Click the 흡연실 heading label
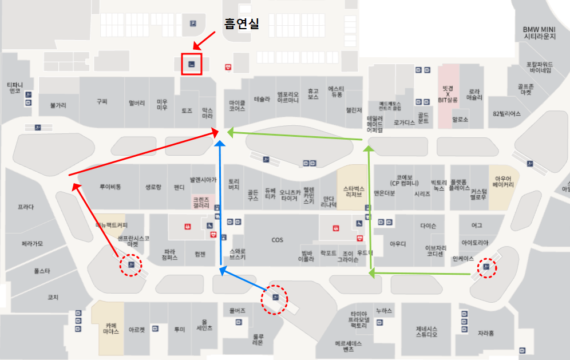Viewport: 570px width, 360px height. pyautogui.click(x=241, y=24)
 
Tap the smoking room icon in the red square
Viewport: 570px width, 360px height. pyautogui.click(x=192, y=64)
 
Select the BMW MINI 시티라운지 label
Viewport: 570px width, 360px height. pyautogui.click(x=540, y=33)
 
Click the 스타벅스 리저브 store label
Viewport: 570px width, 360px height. pyautogui.click(x=354, y=191)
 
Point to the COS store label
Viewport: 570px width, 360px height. pyautogui.click(x=277, y=240)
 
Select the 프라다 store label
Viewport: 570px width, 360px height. pyautogui.click(x=26, y=207)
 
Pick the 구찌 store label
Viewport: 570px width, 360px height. pyautogui.click(x=102, y=101)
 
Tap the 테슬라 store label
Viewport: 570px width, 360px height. pyautogui.click(x=262, y=99)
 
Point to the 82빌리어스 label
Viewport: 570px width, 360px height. pyautogui.click(x=506, y=113)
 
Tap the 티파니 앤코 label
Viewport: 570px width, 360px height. pyautogui.click(x=14, y=88)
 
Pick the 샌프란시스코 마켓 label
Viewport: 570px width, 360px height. pyautogui.click(x=133, y=240)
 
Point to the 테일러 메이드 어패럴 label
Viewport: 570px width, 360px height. pyautogui.click(x=374, y=124)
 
